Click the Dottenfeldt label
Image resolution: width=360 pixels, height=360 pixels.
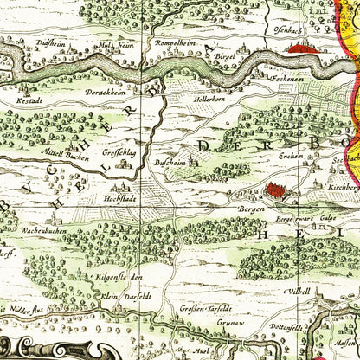(280, 327)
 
